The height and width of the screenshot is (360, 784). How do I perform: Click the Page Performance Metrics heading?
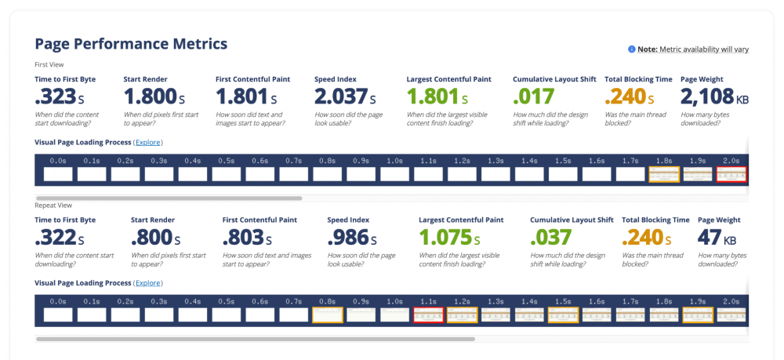tap(131, 44)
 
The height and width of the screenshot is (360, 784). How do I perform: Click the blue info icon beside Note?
tap(631, 49)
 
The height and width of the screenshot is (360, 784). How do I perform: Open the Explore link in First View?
tap(148, 142)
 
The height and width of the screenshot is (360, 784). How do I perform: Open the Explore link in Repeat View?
tap(148, 282)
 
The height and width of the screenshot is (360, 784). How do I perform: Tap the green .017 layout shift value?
tap(533, 97)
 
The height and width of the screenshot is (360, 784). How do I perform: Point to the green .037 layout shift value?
tap(551, 238)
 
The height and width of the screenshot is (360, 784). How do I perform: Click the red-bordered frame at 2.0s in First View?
tap(731, 174)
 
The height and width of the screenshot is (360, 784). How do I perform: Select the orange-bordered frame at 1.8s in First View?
tap(664, 174)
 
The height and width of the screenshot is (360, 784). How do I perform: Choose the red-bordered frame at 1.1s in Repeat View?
tap(428, 315)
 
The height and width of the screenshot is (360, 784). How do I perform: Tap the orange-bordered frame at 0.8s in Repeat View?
tap(327, 315)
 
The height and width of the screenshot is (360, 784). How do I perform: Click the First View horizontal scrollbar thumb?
tap(169, 198)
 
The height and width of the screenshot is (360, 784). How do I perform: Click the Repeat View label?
tap(49, 204)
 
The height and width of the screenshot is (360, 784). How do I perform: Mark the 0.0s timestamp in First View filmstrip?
tap(58, 161)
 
